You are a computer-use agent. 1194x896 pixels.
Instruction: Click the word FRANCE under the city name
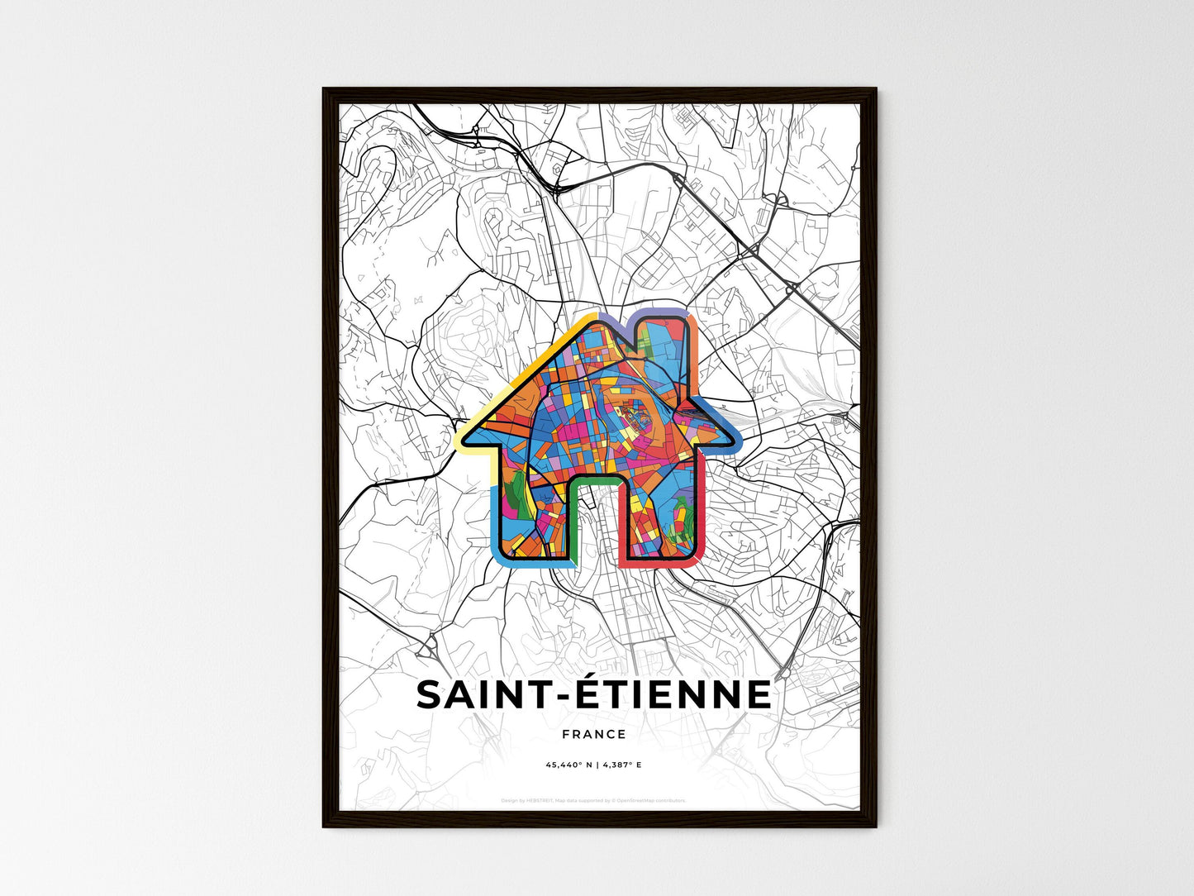(593, 734)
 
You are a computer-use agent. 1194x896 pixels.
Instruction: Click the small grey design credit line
(593, 800)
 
